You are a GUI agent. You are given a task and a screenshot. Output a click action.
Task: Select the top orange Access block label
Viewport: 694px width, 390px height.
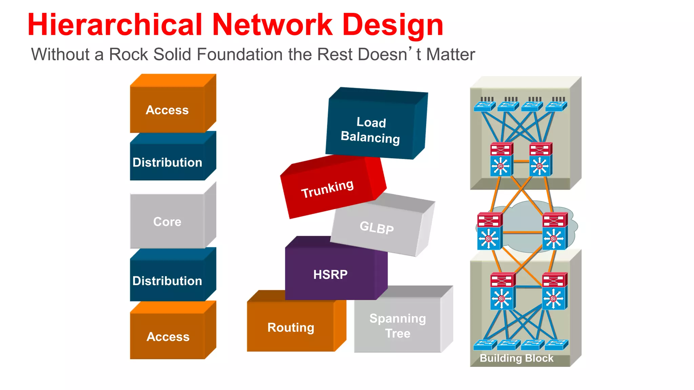click(167, 110)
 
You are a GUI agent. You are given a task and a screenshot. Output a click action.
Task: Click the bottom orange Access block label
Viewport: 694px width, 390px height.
click(168, 337)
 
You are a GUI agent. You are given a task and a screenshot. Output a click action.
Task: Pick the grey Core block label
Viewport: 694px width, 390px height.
click(167, 222)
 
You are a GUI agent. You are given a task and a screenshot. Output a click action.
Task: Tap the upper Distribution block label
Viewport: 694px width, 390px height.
click(167, 162)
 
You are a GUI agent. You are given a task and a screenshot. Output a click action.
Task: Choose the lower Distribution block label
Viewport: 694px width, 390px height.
click(167, 281)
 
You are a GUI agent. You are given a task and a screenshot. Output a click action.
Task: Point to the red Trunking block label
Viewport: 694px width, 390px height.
click(327, 189)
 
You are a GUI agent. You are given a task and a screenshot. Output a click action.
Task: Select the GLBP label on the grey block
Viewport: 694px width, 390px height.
click(376, 227)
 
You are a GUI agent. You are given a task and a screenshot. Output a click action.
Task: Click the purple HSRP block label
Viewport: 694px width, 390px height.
click(330, 275)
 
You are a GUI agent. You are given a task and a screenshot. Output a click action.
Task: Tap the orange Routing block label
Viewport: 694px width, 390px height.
click(291, 328)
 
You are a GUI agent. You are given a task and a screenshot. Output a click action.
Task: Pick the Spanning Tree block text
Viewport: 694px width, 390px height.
click(397, 326)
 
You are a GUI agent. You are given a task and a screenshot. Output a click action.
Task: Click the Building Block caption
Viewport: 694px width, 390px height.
click(516, 358)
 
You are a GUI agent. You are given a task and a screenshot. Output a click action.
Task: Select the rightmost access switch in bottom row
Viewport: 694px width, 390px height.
click(556, 345)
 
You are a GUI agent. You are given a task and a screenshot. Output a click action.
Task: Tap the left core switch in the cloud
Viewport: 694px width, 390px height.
click(489, 232)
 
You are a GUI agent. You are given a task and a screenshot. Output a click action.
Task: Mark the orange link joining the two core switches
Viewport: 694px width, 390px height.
click(522, 233)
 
